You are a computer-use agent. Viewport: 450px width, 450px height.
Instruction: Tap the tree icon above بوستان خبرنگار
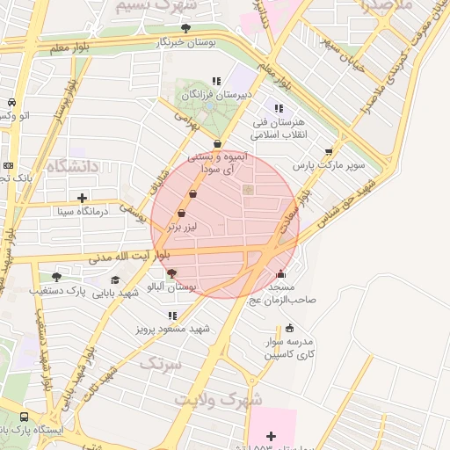coord(185,29)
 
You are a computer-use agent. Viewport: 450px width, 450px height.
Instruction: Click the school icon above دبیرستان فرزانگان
coord(216,81)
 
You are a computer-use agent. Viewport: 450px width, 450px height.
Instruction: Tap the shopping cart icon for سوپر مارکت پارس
coord(330,151)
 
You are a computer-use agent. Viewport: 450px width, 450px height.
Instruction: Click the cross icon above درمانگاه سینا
coord(83,198)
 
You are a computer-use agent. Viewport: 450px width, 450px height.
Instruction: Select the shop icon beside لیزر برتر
coord(182,213)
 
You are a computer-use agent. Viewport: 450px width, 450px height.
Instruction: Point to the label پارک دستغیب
coord(57,289)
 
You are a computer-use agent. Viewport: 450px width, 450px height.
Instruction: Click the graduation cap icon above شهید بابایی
coord(115,280)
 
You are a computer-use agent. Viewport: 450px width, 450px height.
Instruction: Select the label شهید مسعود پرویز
coord(173,328)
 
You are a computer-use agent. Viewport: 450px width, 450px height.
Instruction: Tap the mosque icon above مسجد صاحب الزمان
coord(280,274)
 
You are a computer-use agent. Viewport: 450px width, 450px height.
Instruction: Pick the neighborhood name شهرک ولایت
coord(217,398)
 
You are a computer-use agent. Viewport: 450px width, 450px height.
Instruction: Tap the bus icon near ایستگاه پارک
coord(23,417)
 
